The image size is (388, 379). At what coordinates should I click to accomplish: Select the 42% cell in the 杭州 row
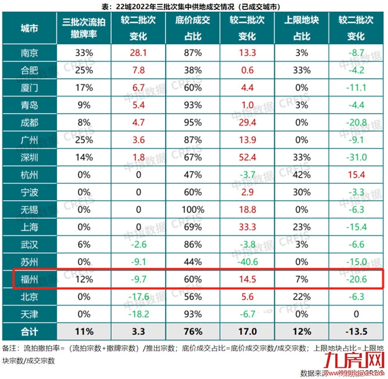(301, 176)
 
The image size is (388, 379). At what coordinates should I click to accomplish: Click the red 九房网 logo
(354, 360)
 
